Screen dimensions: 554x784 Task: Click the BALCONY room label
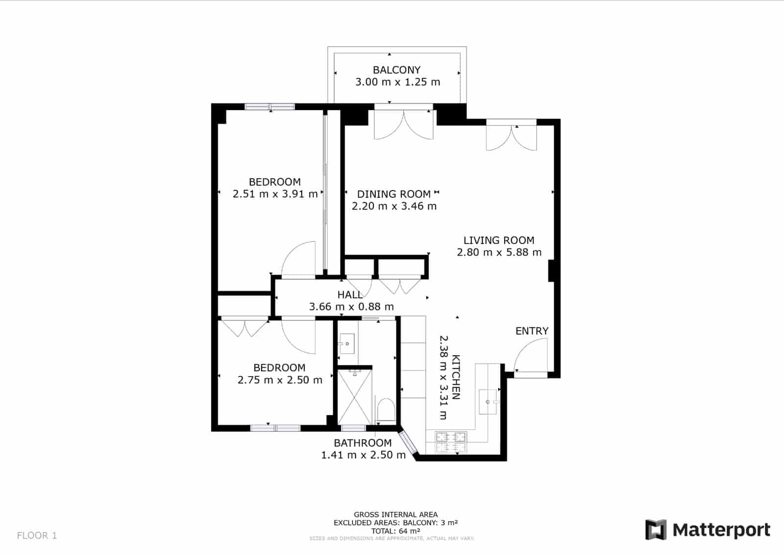pos(396,70)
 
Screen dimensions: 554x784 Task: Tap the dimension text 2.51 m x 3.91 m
pos(275,194)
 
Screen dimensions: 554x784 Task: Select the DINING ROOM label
pos(393,194)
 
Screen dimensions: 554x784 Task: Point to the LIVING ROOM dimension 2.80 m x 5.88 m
pos(499,252)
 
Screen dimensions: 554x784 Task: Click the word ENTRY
pos(532,331)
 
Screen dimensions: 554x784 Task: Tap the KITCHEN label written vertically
pos(456,377)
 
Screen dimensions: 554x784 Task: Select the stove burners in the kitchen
pos(451,442)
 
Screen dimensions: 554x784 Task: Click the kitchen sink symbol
pos(488,402)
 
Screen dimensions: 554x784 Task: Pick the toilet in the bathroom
pos(386,410)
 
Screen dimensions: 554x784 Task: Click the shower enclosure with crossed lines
pos(355,397)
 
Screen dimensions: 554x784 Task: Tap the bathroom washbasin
pos(347,344)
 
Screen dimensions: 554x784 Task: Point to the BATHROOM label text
pos(363,443)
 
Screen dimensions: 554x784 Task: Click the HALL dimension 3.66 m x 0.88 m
pos(351,307)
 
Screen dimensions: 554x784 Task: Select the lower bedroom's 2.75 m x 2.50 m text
pos(280,380)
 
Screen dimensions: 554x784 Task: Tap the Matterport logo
pos(708,530)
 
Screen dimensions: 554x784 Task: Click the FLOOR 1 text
pos(37,535)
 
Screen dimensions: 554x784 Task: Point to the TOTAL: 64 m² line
pos(395,531)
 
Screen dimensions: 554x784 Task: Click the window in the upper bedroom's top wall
pos(269,107)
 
